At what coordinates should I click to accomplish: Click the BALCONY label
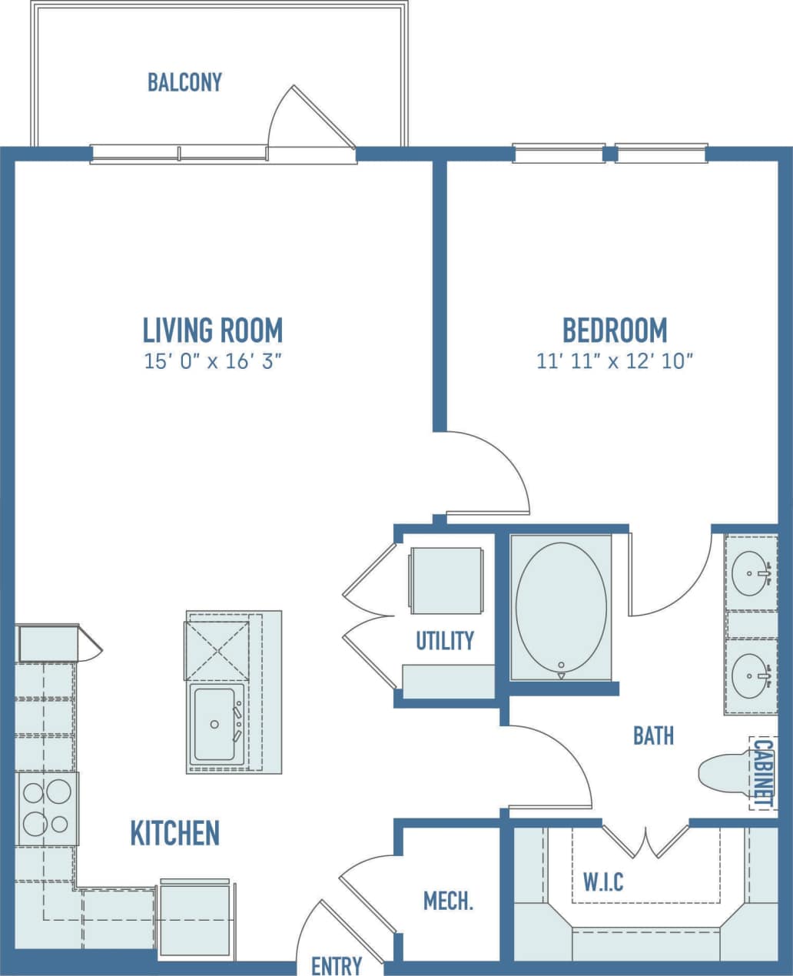tap(184, 82)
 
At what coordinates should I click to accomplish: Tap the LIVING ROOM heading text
tap(213, 330)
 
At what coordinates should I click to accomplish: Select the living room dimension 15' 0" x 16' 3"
tap(213, 361)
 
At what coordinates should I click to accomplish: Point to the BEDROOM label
tap(615, 330)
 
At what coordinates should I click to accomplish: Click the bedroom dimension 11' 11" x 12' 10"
tap(615, 361)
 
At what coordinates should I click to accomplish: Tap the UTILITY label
tap(445, 641)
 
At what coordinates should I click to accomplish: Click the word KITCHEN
tap(175, 833)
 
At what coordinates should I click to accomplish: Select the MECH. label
tap(448, 901)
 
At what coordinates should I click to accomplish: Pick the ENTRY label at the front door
tap(337, 965)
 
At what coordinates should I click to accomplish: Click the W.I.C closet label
tap(603, 881)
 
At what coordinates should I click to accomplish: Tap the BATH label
tap(653, 735)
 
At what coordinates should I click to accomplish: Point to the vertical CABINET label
tap(762, 772)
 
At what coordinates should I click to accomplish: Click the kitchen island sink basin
tap(214, 724)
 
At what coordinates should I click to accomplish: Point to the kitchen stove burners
tap(46, 808)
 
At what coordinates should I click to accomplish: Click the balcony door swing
tap(307, 119)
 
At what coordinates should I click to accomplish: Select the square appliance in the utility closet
tap(446, 580)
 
